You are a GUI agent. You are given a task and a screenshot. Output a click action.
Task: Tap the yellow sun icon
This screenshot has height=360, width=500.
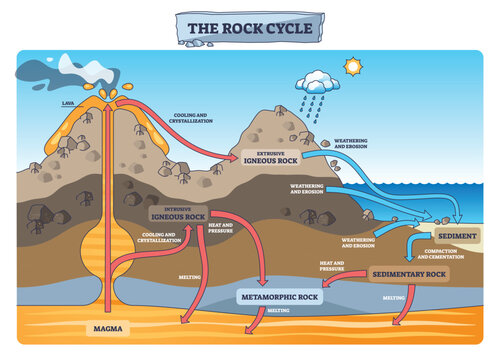(352, 68)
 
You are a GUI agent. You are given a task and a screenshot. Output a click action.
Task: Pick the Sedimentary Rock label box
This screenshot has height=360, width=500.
(408, 273)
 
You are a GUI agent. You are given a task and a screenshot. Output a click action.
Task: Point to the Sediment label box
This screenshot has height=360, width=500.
(457, 236)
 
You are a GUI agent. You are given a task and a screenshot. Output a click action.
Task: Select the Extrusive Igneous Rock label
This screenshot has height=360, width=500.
(270, 157)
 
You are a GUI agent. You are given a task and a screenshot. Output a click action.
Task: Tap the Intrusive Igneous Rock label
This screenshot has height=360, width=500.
(178, 214)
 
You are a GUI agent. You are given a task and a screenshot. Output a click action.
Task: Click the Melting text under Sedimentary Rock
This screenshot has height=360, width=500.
(393, 297)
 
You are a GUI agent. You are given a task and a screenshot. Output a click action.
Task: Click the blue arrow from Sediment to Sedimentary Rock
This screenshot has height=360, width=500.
(413, 250)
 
